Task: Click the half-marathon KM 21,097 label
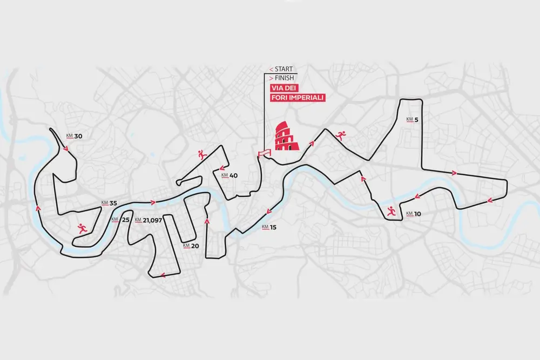[148, 220]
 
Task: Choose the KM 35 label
[109, 203]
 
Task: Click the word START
[283, 69]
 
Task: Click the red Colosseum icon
[285, 135]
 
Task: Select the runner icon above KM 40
[202, 155]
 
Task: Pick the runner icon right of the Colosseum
[340, 135]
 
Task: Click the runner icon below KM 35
[82, 228]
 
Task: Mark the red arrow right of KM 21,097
[154, 203]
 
